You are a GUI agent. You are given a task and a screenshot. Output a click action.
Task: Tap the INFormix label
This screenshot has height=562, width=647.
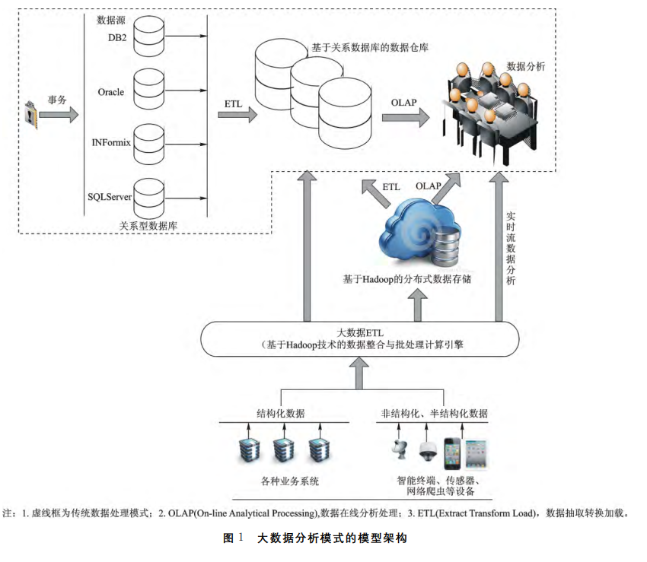pyautogui.click(x=110, y=141)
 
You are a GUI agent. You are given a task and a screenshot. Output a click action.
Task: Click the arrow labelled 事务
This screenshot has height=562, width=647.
pyautogui.click(x=59, y=116)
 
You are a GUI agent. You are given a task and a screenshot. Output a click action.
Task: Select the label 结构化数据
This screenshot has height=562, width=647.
pyautogui.click(x=280, y=413)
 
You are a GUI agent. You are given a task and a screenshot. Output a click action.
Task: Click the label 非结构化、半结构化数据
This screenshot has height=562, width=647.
pyautogui.click(x=435, y=413)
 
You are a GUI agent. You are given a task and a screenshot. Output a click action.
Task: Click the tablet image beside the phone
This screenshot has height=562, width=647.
pyautogui.click(x=476, y=454)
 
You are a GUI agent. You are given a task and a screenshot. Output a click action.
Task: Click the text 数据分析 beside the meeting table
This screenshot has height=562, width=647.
pyautogui.click(x=525, y=67)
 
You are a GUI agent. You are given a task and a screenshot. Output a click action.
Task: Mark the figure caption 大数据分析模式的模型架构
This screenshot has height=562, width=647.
pyautogui.click(x=333, y=538)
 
